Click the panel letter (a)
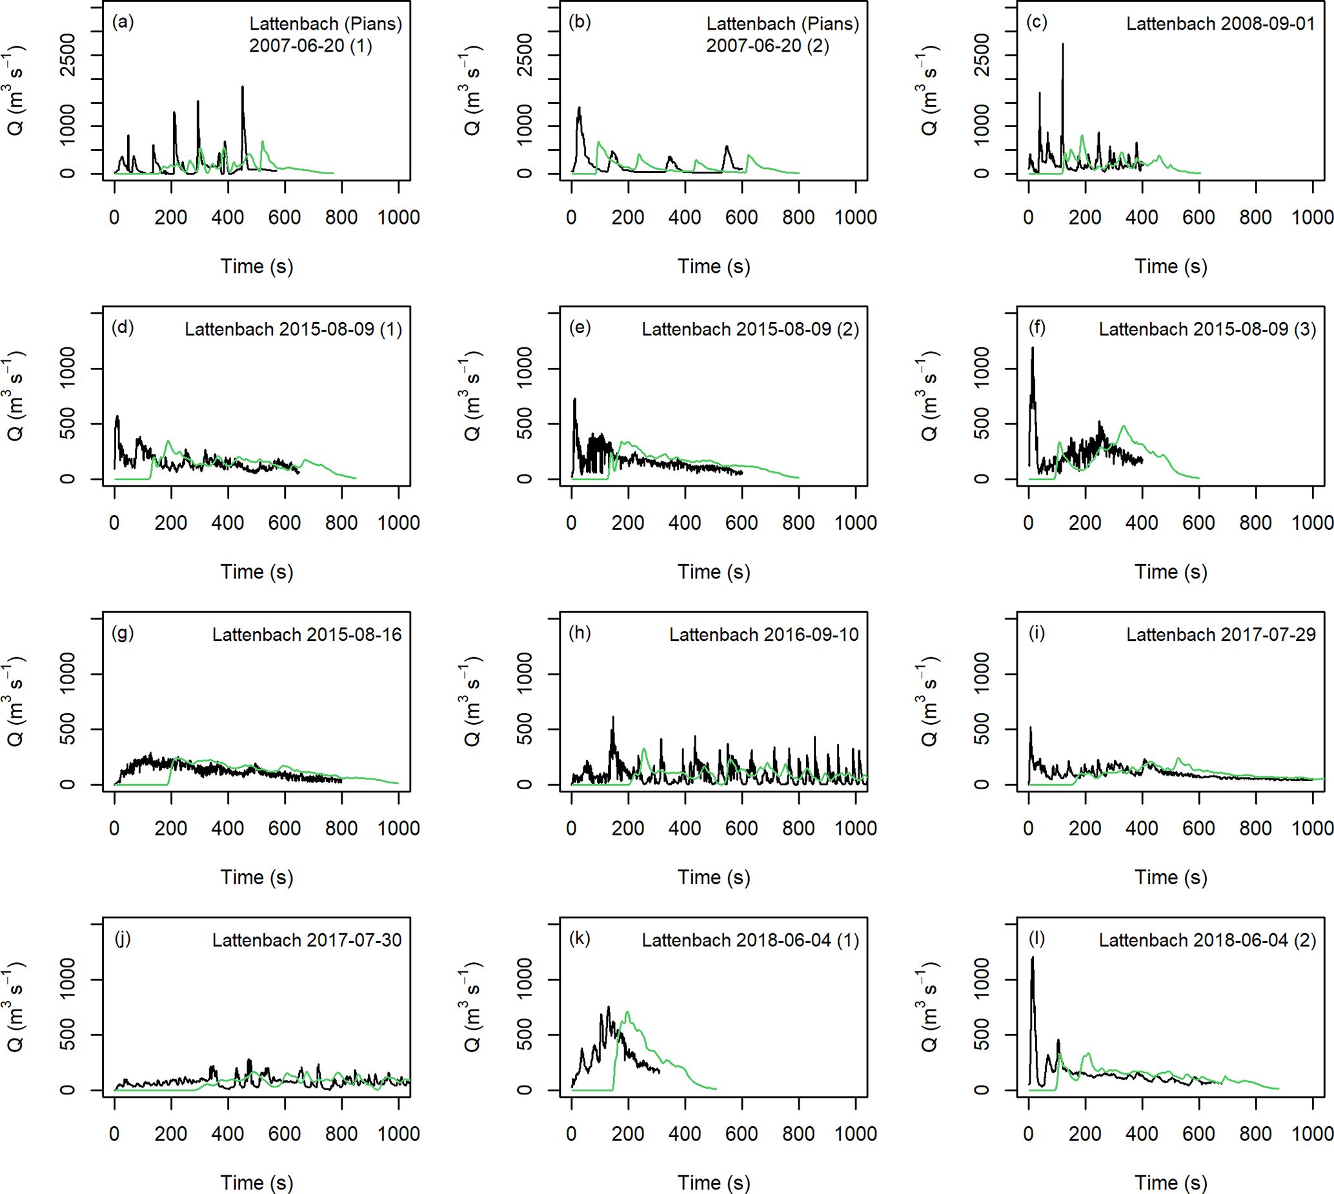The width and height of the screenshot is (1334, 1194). [123, 23]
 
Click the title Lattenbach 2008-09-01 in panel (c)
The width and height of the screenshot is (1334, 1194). [1220, 25]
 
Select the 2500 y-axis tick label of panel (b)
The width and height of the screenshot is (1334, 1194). [525, 55]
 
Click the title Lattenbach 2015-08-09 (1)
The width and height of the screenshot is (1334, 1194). [293, 329]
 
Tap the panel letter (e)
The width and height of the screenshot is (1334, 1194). [580, 328]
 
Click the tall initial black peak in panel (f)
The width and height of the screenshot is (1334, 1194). [1033, 349]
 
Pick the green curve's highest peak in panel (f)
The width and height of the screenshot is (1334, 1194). [1124, 427]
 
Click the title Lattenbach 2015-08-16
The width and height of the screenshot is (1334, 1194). [307, 635]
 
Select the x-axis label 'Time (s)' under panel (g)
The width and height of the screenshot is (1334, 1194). [256, 878]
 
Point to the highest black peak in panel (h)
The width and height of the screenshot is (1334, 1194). [613, 718]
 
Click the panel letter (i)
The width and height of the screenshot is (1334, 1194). [1036, 634]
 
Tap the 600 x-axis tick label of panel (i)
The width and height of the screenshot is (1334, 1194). [1198, 829]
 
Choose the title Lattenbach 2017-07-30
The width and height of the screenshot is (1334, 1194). [307, 941]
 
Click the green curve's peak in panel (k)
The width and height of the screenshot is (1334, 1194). [628, 1011]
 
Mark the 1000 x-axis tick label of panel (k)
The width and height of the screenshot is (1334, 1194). [855, 1135]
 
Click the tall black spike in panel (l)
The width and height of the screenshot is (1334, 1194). [1033, 958]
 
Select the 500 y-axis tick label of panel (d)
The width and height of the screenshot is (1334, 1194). [68, 423]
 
